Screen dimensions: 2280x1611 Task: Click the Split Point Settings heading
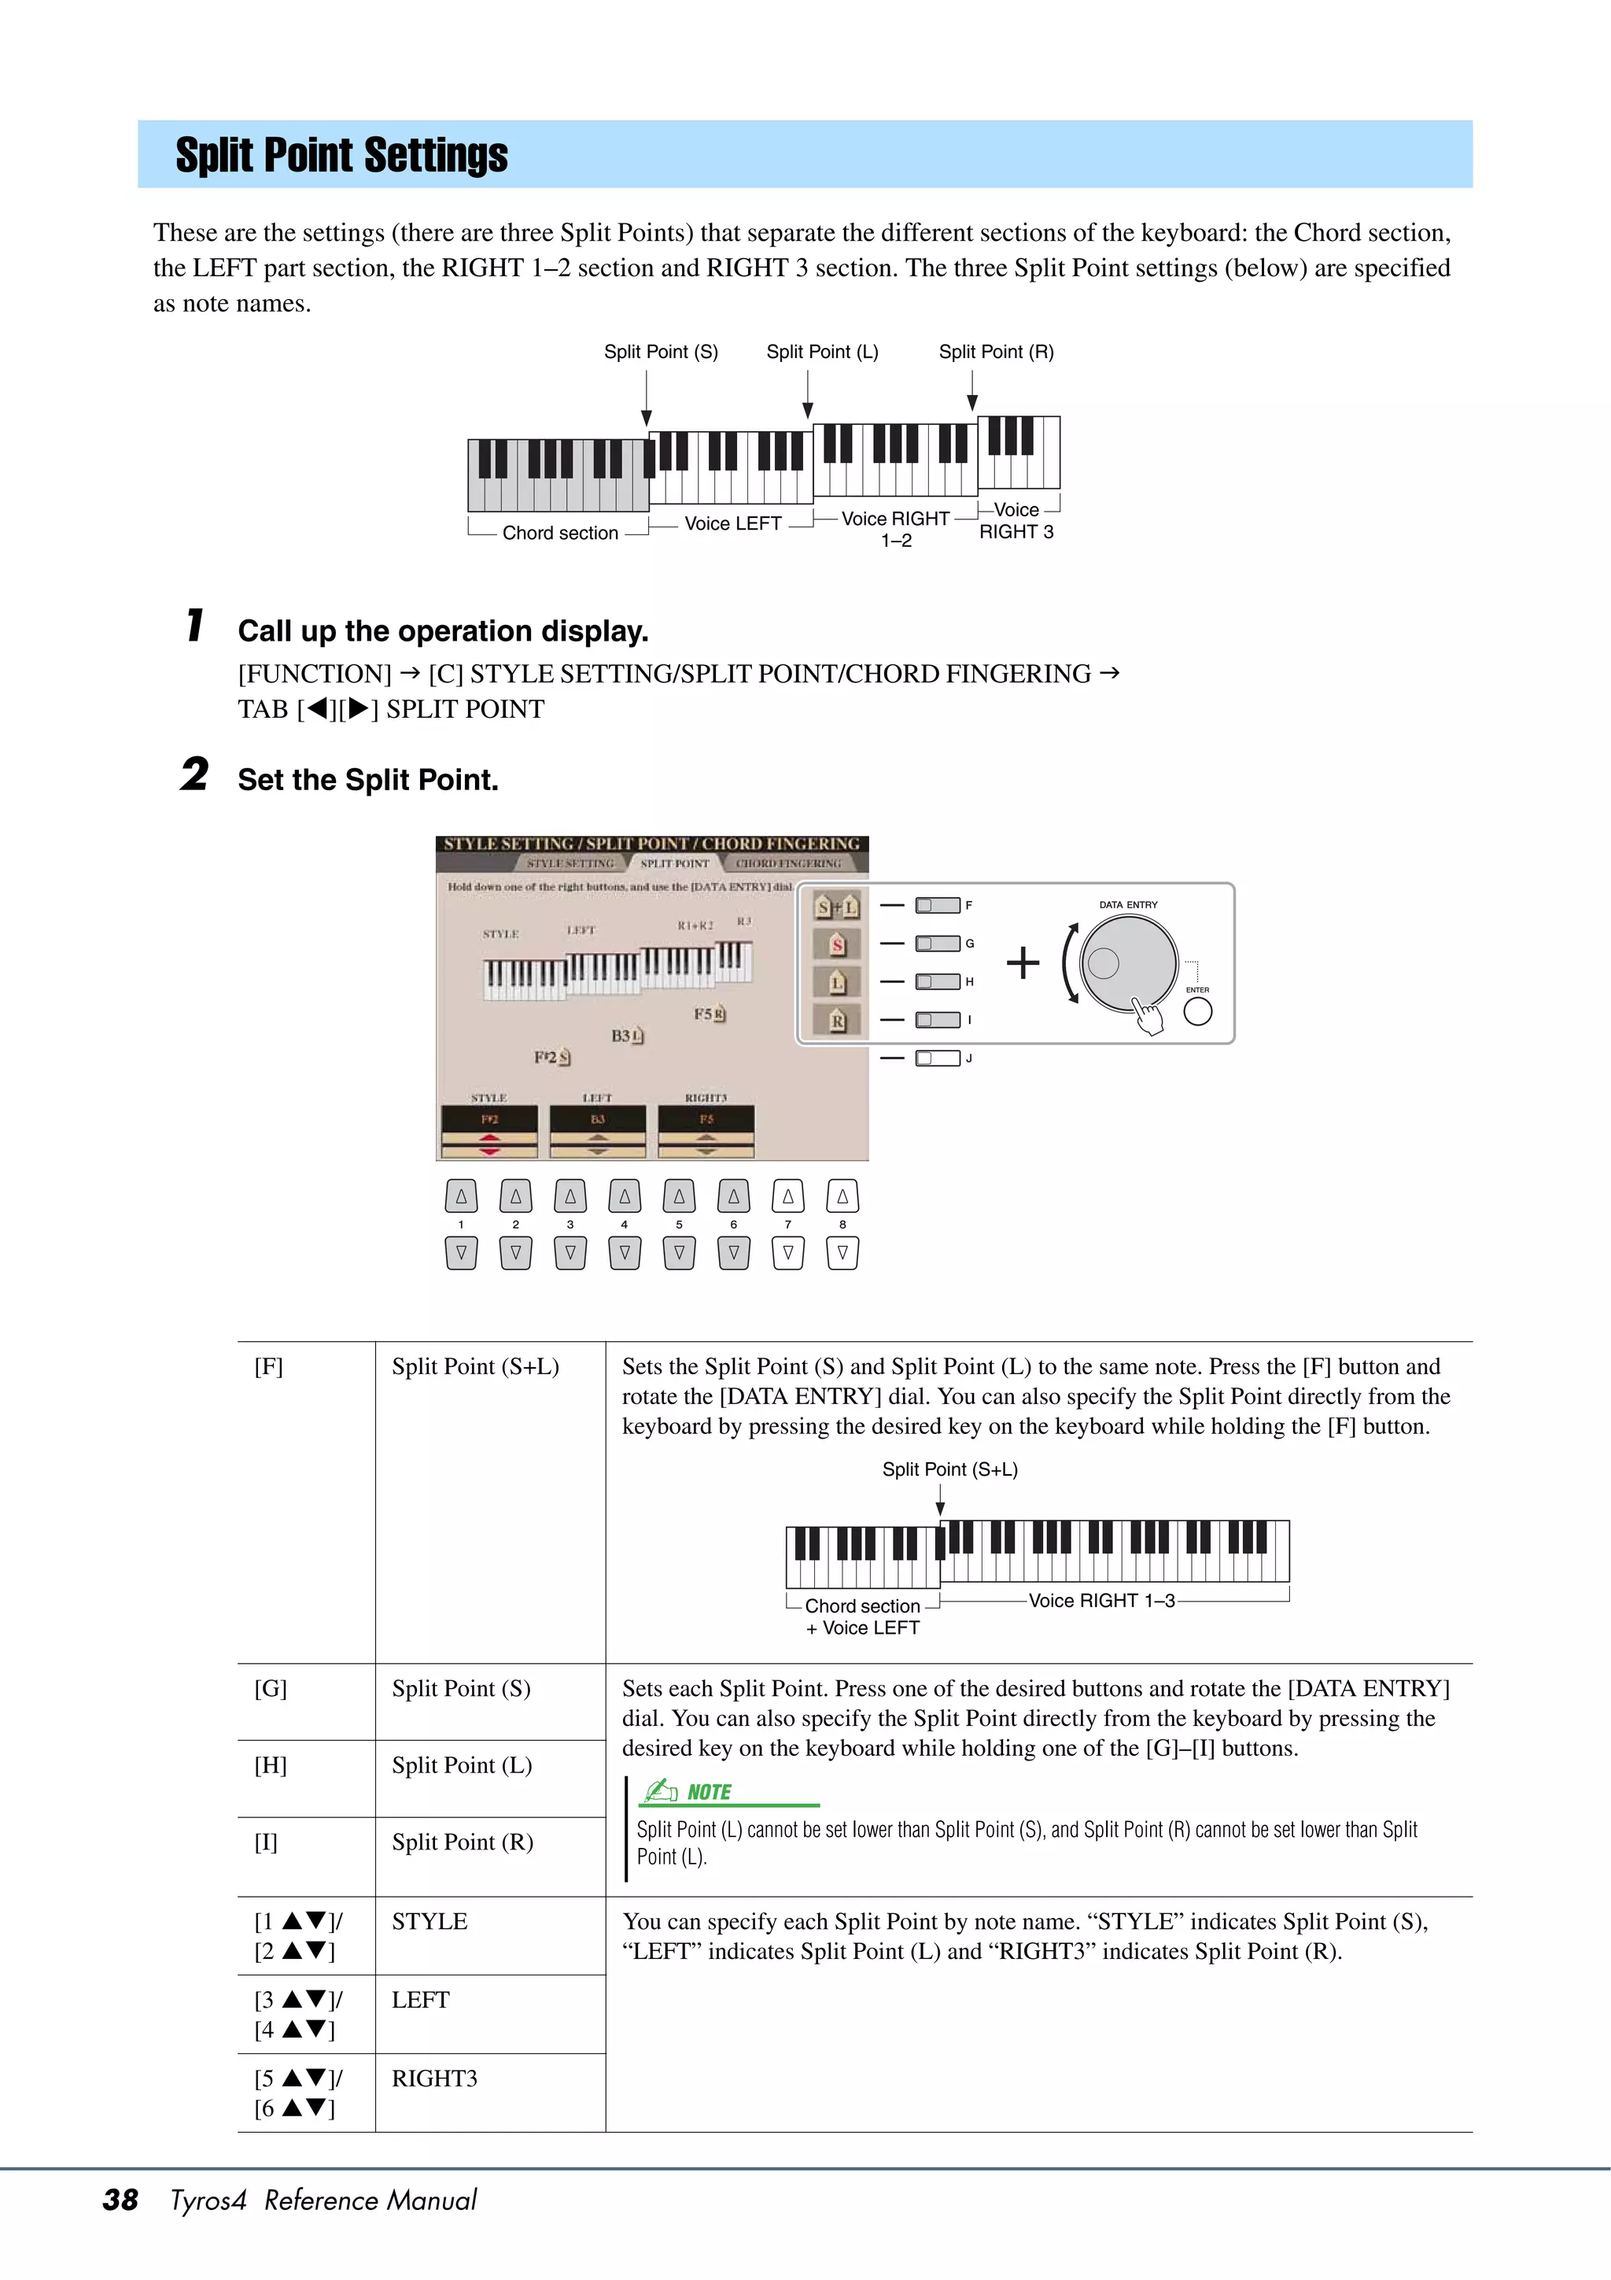pyautogui.click(x=341, y=156)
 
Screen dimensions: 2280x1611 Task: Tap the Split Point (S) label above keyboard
pyautogui.click(x=661, y=352)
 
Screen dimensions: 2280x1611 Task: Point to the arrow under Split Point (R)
pyautogui.click(x=973, y=391)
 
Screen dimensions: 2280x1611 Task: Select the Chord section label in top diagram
pyautogui.click(x=560, y=534)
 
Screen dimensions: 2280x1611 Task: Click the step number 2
pyautogui.click(x=194, y=774)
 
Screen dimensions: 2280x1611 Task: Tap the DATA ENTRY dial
pyautogui.click(x=1129, y=963)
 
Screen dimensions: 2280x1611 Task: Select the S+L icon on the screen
pyautogui.click(x=837, y=907)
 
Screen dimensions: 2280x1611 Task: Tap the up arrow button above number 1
pyautogui.click(x=462, y=1196)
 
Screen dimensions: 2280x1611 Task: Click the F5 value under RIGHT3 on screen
pyautogui.click(x=706, y=1119)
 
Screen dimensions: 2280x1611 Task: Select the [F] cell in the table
pyautogui.click(x=269, y=1367)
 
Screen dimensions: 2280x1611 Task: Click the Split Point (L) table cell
pyautogui.click(x=462, y=1765)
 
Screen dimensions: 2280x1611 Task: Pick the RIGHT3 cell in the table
pyautogui.click(x=435, y=2079)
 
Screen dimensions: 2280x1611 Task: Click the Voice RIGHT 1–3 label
pyautogui.click(x=1102, y=1601)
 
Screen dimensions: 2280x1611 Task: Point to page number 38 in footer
pyautogui.click(x=120, y=2200)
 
